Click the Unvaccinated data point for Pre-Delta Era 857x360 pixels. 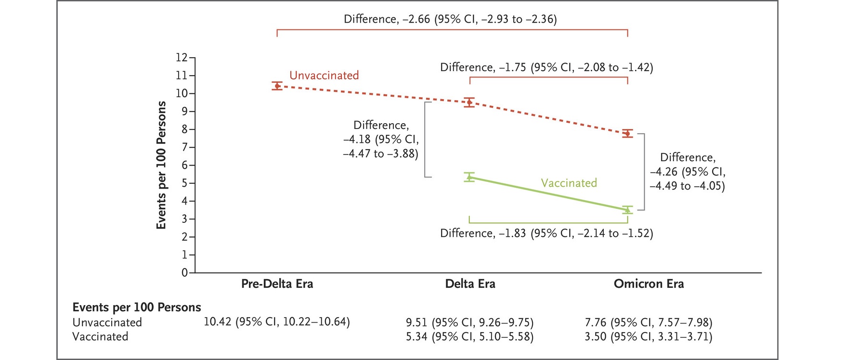[277, 86]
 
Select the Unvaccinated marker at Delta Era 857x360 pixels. [469, 102]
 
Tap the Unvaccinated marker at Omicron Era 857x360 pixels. [627, 133]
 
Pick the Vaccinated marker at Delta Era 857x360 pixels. [469, 177]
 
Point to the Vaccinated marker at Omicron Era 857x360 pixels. [627, 210]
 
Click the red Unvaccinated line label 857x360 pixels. [324, 76]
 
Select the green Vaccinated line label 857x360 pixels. [569, 183]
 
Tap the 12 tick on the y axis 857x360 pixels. [182, 58]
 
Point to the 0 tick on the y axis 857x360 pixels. [184, 273]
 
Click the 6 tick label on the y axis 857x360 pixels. [184, 165]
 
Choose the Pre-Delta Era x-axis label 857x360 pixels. [277, 284]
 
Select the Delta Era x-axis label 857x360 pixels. [470, 284]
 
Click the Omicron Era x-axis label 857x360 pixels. [649, 284]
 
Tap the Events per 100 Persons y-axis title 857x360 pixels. [161, 165]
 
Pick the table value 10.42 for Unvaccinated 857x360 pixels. [217, 321]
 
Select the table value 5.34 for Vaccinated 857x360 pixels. [416, 336]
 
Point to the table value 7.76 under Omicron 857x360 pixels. [596, 322]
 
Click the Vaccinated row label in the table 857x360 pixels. [100, 336]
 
